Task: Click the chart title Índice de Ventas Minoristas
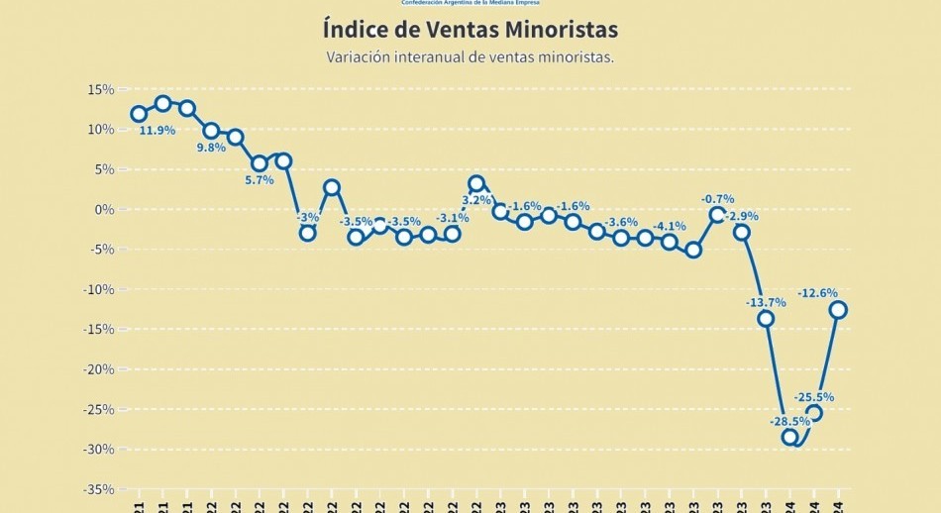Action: (x=470, y=29)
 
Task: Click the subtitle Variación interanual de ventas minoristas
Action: (x=470, y=57)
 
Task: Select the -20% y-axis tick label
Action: (x=99, y=369)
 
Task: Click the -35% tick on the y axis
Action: (x=99, y=489)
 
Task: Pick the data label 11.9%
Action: (x=157, y=131)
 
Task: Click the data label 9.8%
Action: (x=211, y=148)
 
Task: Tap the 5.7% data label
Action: (x=259, y=180)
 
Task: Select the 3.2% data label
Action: (x=477, y=200)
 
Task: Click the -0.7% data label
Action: (x=717, y=199)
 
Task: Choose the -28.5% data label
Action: (x=789, y=421)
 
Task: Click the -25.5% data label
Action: (x=816, y=397)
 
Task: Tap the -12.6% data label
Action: (x=817, y=293)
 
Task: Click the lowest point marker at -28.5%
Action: (x=789, y=437)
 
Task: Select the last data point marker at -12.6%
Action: (x=838, y=310)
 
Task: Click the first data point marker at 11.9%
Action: (x=139, y=114)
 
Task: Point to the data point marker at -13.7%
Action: (x=766, y=318)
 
